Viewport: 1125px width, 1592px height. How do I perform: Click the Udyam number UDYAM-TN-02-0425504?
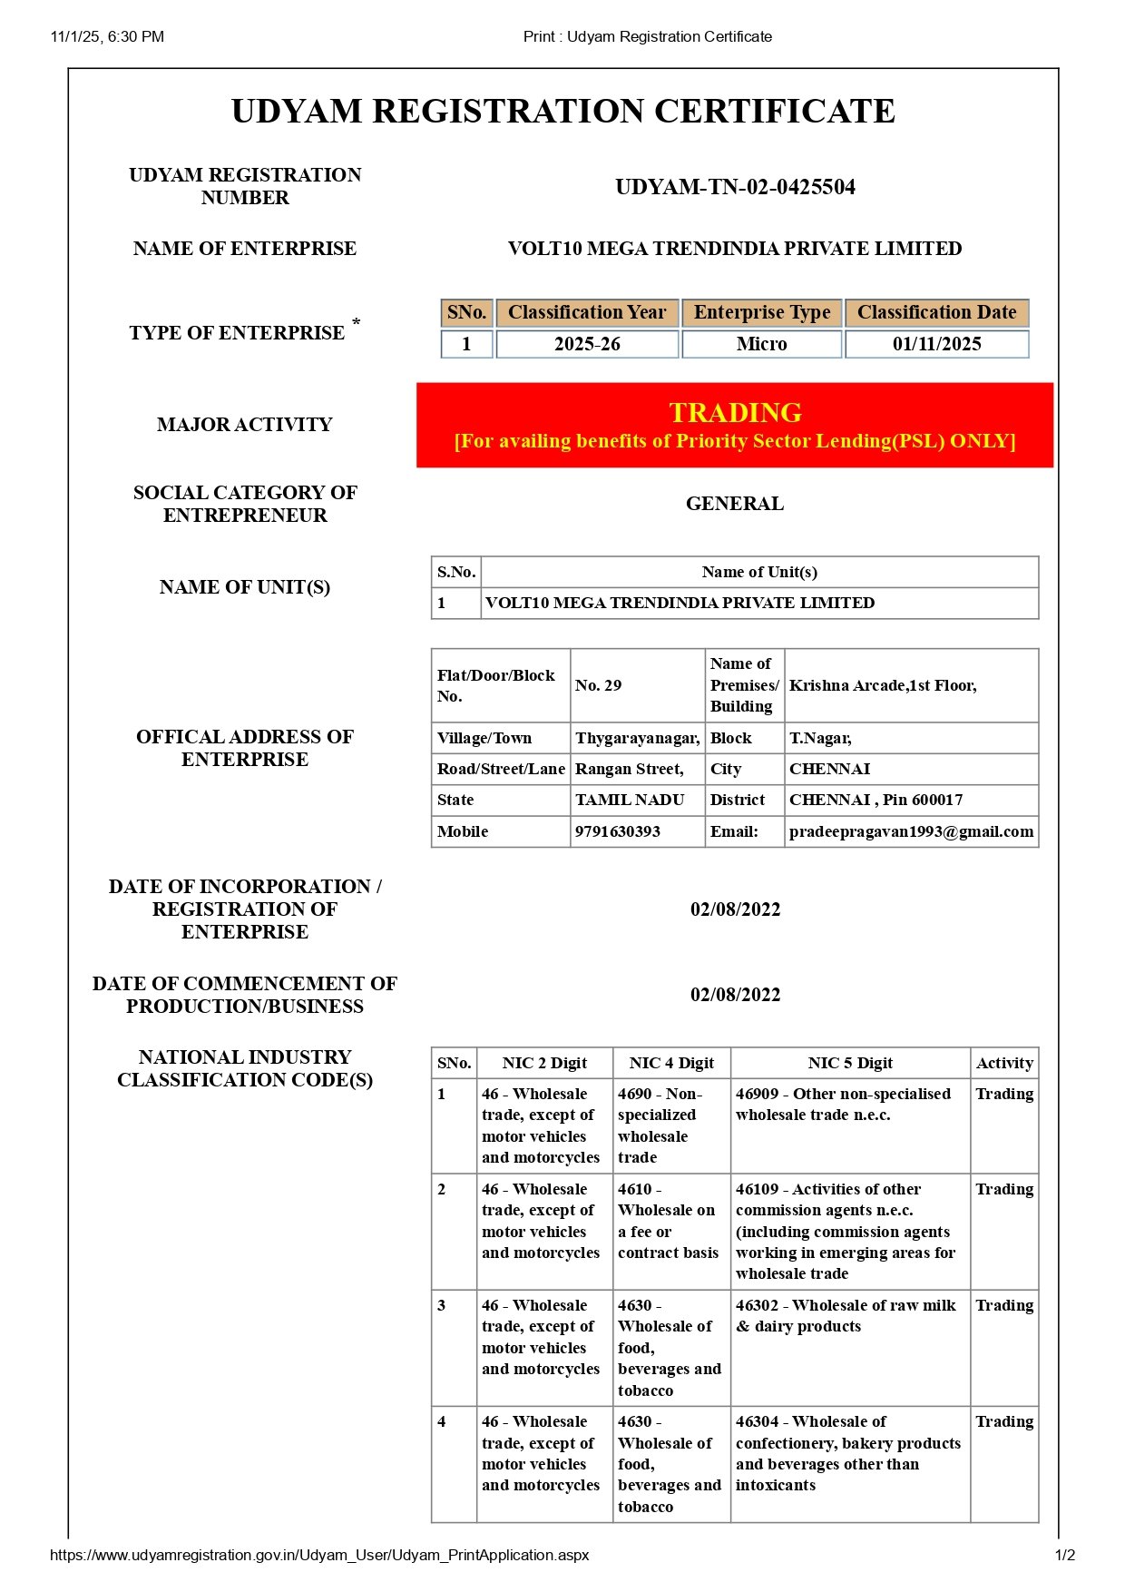735,187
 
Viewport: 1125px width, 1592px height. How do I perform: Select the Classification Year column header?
587,312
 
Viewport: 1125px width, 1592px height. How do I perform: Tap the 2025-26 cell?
587,344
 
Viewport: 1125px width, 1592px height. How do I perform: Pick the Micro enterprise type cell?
761,344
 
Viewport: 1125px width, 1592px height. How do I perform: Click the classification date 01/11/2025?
936,344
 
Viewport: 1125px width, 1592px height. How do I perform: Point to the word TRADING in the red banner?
735,413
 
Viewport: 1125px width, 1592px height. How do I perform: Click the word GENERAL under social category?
734,504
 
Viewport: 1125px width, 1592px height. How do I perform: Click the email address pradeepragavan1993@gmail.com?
911,831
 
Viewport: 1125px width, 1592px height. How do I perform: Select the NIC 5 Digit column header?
850,1063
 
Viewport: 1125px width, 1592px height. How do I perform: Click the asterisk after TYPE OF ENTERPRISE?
357,322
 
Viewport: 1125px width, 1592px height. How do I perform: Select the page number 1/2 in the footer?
1065,1555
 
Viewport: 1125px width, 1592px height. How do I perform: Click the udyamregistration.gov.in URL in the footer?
319,1555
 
